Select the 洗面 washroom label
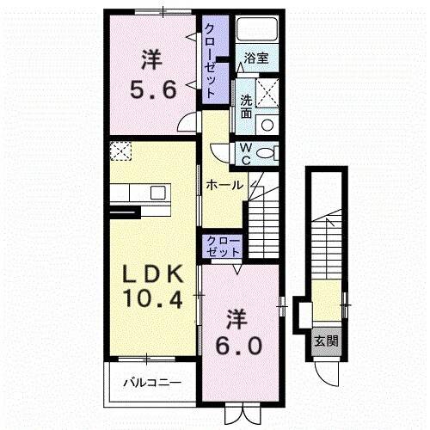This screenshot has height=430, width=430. [245, 105]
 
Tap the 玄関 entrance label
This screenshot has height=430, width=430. [325, 341]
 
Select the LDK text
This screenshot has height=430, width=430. [152, 275]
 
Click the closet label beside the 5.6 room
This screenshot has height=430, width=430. [210, 61]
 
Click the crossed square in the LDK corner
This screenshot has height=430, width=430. [120, 153]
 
